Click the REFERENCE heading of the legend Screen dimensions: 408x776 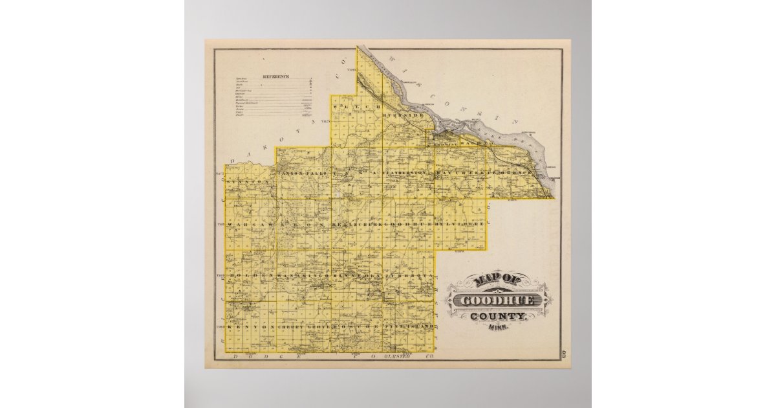click(x=275, y=76)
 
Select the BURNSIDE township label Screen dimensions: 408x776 click(x=404, y=115)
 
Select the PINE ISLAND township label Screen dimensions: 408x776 click(x=407, y=328)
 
